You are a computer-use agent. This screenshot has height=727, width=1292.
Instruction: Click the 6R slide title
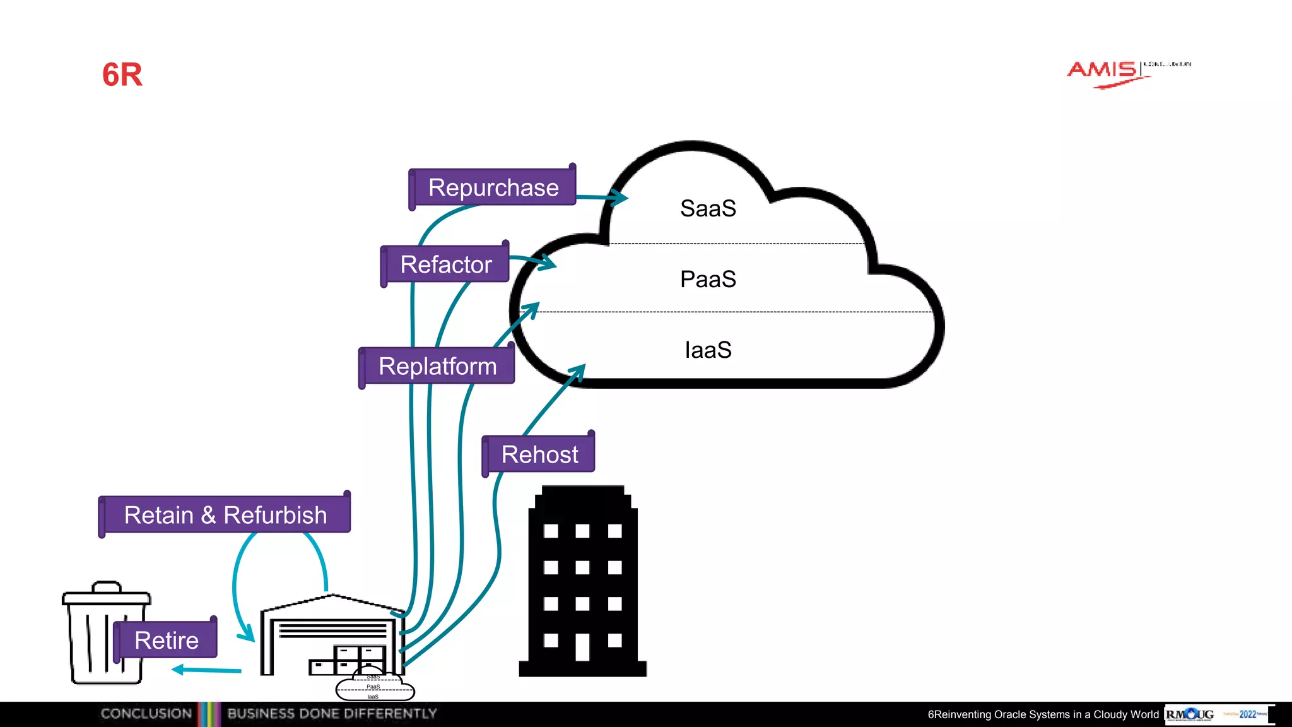pyautogui.click(x=122, y=74)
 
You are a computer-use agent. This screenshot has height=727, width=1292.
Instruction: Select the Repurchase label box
pyautogui.click(x=493, y=187)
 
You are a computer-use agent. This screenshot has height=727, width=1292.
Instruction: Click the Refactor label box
pyautogui.click(x=445, y=264)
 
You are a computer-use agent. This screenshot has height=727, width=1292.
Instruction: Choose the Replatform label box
pyautogui.click(x=437, y=366)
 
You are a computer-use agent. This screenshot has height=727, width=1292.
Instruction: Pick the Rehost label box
pyautogui.click(x=539, y=454)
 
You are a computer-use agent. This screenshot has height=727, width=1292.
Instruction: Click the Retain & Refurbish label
pyautogui.click(x=225, y=515)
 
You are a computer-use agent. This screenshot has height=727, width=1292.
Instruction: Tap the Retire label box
pyautogui.click(x=166, y=640)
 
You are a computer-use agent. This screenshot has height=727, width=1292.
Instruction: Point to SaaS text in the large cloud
pyautogui.click(x=708, y=208)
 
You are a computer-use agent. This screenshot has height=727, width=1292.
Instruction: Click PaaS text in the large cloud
pyautogui.click(x=708, y=279)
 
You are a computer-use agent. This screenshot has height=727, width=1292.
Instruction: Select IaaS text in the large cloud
pyautogui.click(x=708, y=350)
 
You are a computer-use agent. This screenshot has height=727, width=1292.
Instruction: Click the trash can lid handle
pyautogui.click(x=107, y=586)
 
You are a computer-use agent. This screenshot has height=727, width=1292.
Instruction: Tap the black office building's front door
pyautogui.click(x=582, y=647)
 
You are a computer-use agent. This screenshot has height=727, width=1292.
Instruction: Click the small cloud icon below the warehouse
pyautogui.click(x=375, y=687)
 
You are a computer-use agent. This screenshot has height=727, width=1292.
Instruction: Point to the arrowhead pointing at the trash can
pyautogui.click(x=178, y=670)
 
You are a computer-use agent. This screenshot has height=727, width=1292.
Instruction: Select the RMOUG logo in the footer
pyautogui.click(x=1190, y=714)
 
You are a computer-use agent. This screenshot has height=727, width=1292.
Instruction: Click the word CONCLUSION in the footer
pyautogui.click(x=146, y=714)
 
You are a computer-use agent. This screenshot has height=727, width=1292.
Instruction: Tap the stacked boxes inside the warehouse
pyautogui.click(x=349, y=659)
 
